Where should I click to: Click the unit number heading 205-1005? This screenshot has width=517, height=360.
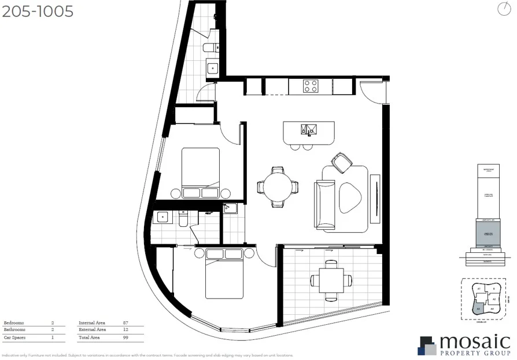pos(38,11)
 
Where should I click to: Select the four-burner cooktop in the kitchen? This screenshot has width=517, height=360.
pos(310,86)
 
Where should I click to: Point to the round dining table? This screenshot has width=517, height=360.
pos(278,186)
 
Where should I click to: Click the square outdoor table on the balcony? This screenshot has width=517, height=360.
pos(331,280)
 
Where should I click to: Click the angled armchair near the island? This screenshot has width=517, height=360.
pos(341,163)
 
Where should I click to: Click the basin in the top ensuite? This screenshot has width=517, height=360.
pos(213,68)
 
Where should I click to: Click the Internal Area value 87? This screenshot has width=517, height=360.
pos(125,322)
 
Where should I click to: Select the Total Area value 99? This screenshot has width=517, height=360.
pos(125,337)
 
